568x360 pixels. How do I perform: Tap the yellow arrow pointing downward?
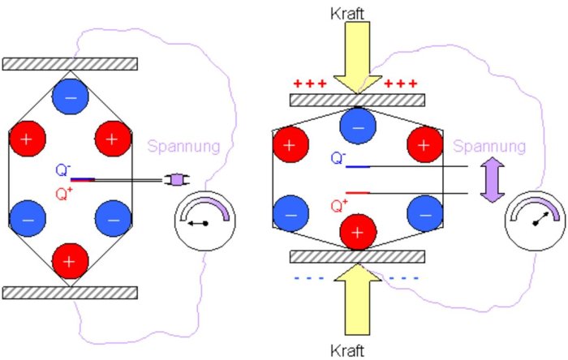(x=357, y=57)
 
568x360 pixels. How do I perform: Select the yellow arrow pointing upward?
(x=357, y=300)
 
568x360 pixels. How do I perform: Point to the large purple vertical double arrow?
(x=490, y=180)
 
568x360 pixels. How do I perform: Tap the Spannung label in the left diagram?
(x=183, y=147)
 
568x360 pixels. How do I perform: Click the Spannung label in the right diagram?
(x=486, y=147)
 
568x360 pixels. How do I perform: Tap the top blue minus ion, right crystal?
(x=357, y=126)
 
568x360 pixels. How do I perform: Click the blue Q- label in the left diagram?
(x=62, y=171)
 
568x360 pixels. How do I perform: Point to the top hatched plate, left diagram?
(x=69, y=63)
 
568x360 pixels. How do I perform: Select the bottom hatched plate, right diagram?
(x=357, y=257)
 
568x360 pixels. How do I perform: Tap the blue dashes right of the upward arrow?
(x=403, y=278)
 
